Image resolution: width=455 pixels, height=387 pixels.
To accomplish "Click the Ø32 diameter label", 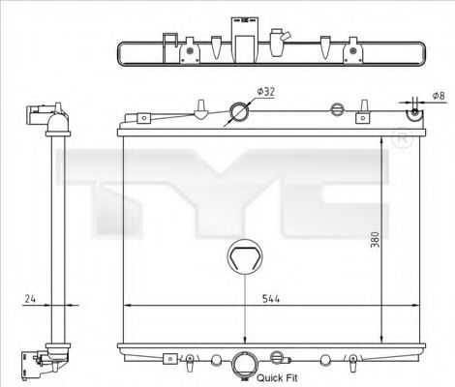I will tap(267, 92).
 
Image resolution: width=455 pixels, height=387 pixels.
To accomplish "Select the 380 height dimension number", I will tap(376, 241).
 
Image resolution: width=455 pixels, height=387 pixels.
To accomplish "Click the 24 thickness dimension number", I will tap(30, 300).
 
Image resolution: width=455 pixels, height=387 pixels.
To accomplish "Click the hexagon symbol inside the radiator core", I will tap(242, 259).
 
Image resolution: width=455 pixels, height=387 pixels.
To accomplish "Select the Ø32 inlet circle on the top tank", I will tap(237, 114).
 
